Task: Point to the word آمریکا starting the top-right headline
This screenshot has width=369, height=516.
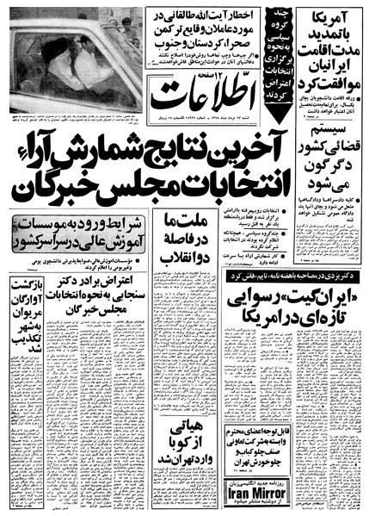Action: [337, 16]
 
